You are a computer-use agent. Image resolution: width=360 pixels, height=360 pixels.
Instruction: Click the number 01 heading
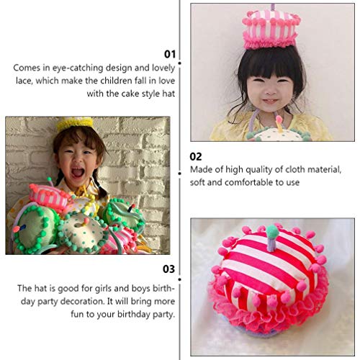(x=171, y=53)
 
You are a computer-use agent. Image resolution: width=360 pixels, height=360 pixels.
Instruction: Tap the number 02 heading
(x=195, y=156)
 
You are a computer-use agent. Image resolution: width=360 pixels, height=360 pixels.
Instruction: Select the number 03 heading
(x=170, y=269)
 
